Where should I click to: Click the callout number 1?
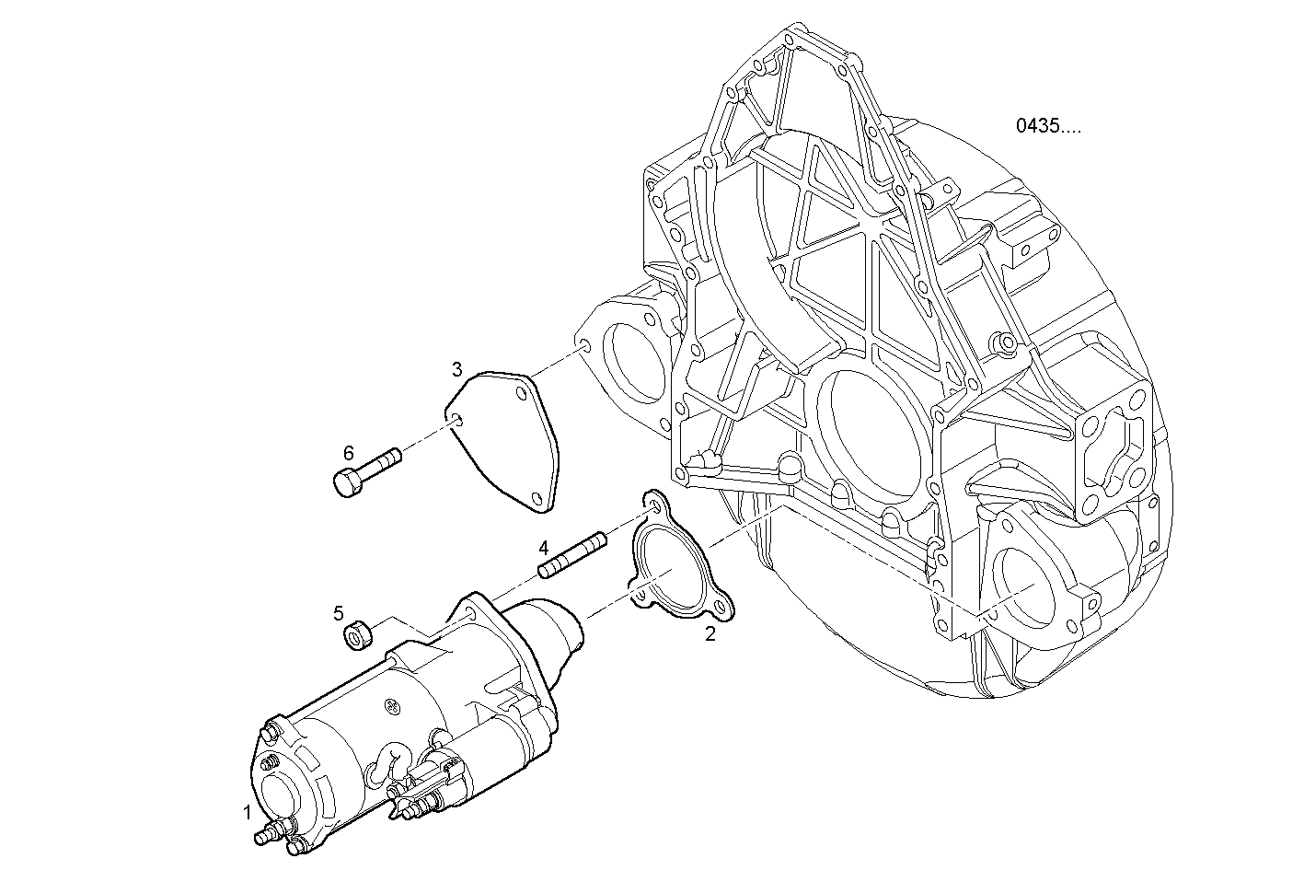coord(247,812)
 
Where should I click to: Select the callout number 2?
coord(710,633)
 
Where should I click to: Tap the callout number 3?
coord(457,370)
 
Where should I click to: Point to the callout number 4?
coord(544,546)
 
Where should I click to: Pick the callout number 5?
coord(339,612)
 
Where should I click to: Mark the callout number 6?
coord(348,452)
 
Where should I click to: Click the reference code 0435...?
coord(1048,126)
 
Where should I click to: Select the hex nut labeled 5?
coord(357,633)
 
